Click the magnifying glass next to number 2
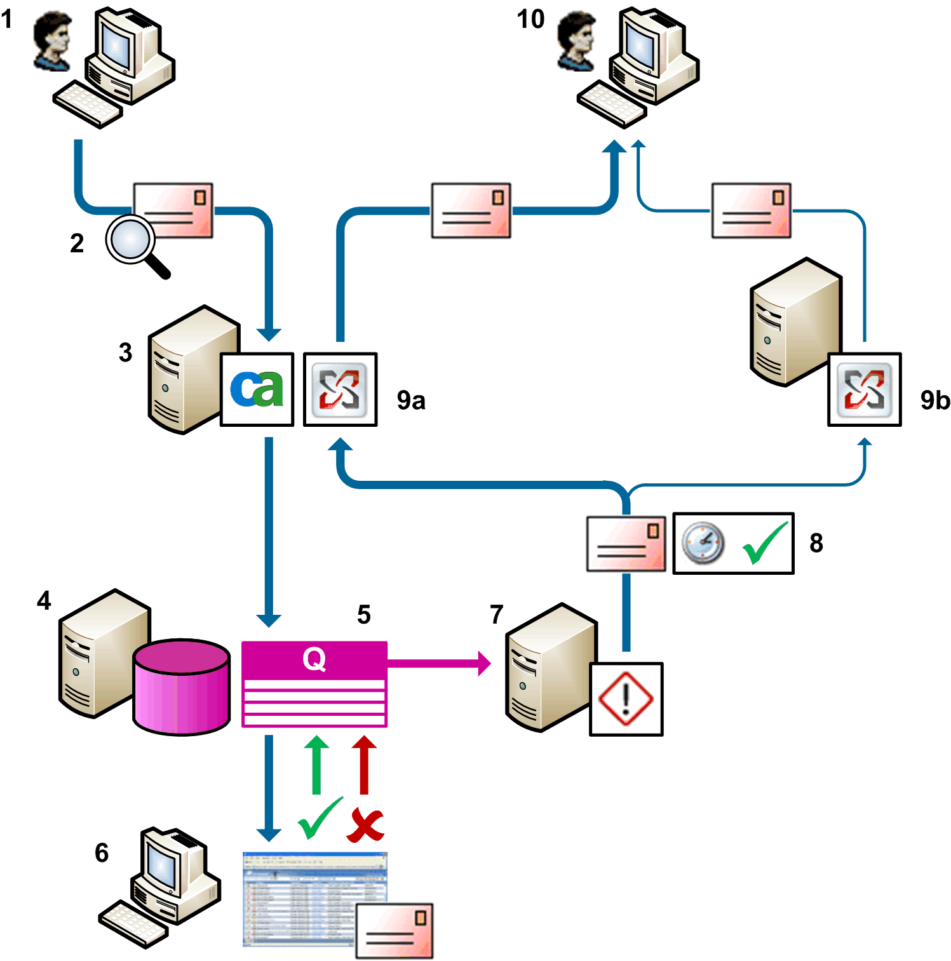pos(131,241)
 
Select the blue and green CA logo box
pos(257,389)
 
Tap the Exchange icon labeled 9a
pos(340,389)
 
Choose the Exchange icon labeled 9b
pos(864,389)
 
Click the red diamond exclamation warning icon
pos(626,699)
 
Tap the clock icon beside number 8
pos(703,543)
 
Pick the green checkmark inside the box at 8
pos(765,543)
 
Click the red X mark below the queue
pos(365,824)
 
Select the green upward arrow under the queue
pos(316,765)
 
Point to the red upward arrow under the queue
pos(364,765)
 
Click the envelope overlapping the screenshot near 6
pos(394,931)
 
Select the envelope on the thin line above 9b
pos(751,210)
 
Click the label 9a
pos(411,400)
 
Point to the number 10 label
pos(530,19)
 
